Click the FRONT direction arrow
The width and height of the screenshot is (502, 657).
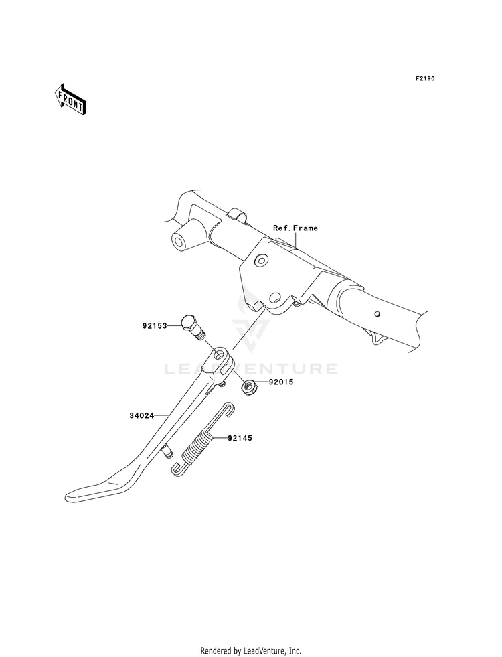point(70,98)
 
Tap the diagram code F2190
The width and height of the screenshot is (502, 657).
point(425,78)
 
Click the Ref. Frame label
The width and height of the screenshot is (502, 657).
point(295,228)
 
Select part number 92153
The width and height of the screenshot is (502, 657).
point(155,325)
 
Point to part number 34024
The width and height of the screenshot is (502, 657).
point(141,416)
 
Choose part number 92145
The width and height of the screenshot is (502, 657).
point(240,438)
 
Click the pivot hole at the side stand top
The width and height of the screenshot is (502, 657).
point(219,356)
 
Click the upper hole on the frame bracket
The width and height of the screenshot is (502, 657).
point(261,261)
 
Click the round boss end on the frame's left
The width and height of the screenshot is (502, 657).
point(181,242)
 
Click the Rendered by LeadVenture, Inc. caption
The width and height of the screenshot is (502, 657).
point(251,651)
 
